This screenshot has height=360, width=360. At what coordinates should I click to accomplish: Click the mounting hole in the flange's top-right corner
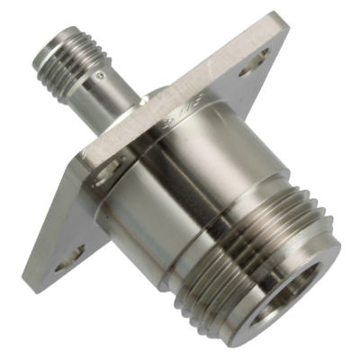[x=258, y=60]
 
